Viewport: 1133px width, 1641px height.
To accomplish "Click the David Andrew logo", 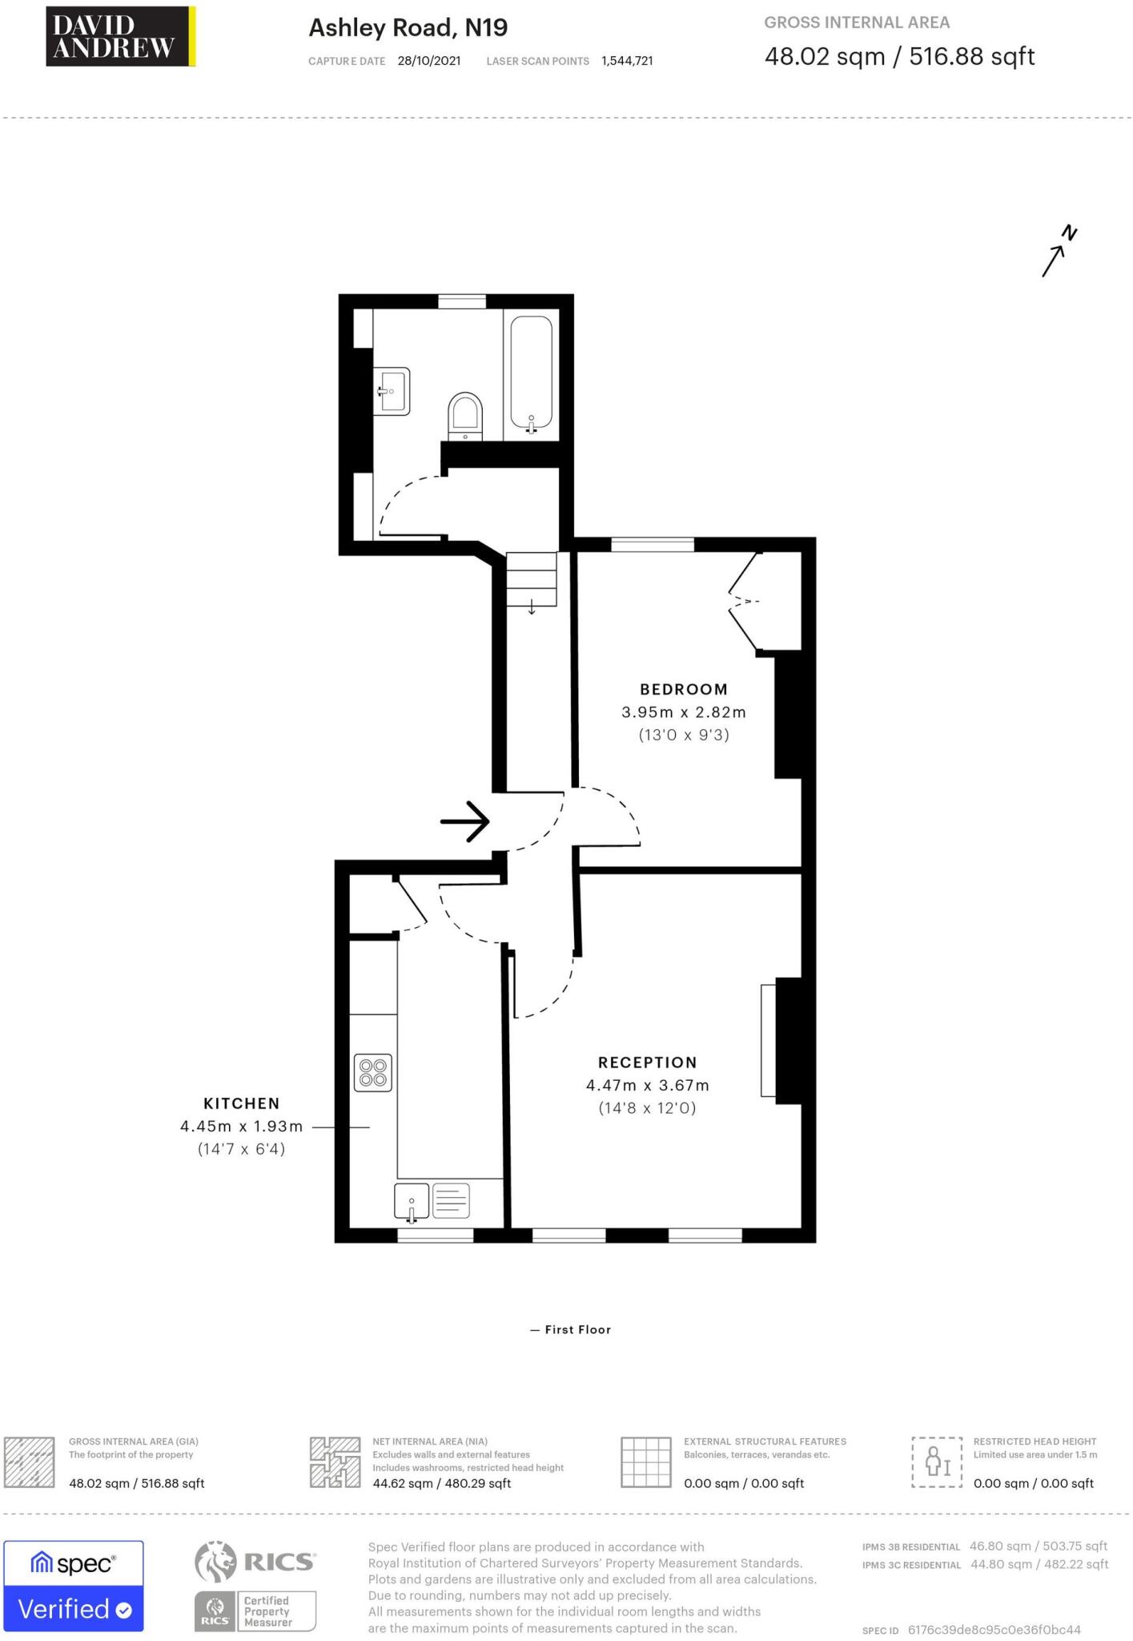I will [x=120, y=36].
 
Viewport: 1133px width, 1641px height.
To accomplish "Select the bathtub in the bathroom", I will [x=531, y=374].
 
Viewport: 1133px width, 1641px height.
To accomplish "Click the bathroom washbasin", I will [x=394, y=391].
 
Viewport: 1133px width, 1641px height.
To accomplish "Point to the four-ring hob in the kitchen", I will [x=373, y=1072].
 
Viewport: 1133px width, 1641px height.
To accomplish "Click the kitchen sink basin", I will [x=412, y=1201].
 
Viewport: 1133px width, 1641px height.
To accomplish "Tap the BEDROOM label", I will [x=683, y=689].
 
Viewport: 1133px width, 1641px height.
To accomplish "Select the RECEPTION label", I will [x=647, y=1062].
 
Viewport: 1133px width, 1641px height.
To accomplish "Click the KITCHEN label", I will [x=241, y=1103].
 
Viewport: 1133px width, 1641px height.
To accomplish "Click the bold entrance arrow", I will [x=465, y=821].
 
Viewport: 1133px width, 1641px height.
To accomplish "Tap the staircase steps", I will [x=531, y=579].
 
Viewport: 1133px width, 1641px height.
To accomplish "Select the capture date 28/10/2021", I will [x=428, y=61].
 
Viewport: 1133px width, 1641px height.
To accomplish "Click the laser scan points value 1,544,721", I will [x=627, y=61].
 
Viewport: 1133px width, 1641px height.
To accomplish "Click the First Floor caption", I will [x=571, y=1329].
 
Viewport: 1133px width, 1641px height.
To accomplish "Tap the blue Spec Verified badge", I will [x=74, y=1586].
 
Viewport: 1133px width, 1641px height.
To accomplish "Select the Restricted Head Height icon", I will [x=936, y=1463].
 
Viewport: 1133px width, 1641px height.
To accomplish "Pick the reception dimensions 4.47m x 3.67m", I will [x=647, y=1086].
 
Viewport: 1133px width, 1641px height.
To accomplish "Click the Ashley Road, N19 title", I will [x=408, y=28].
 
